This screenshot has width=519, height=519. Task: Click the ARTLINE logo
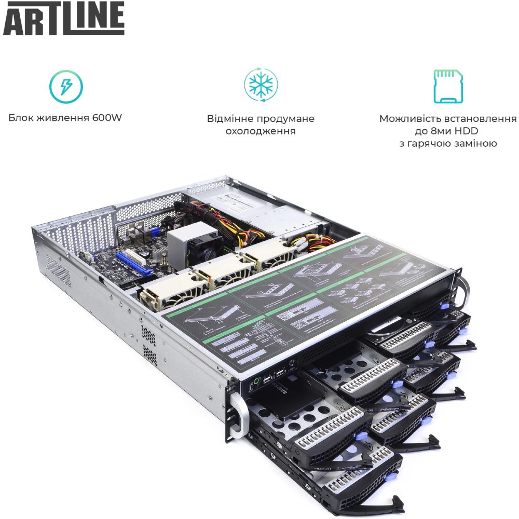point(64,19)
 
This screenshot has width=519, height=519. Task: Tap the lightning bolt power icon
point(66,86)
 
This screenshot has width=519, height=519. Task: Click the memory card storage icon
point(448,86)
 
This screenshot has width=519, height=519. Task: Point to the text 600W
point(106,118)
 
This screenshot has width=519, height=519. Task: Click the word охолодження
point(261,131)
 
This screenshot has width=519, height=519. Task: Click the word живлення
point(64,118)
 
